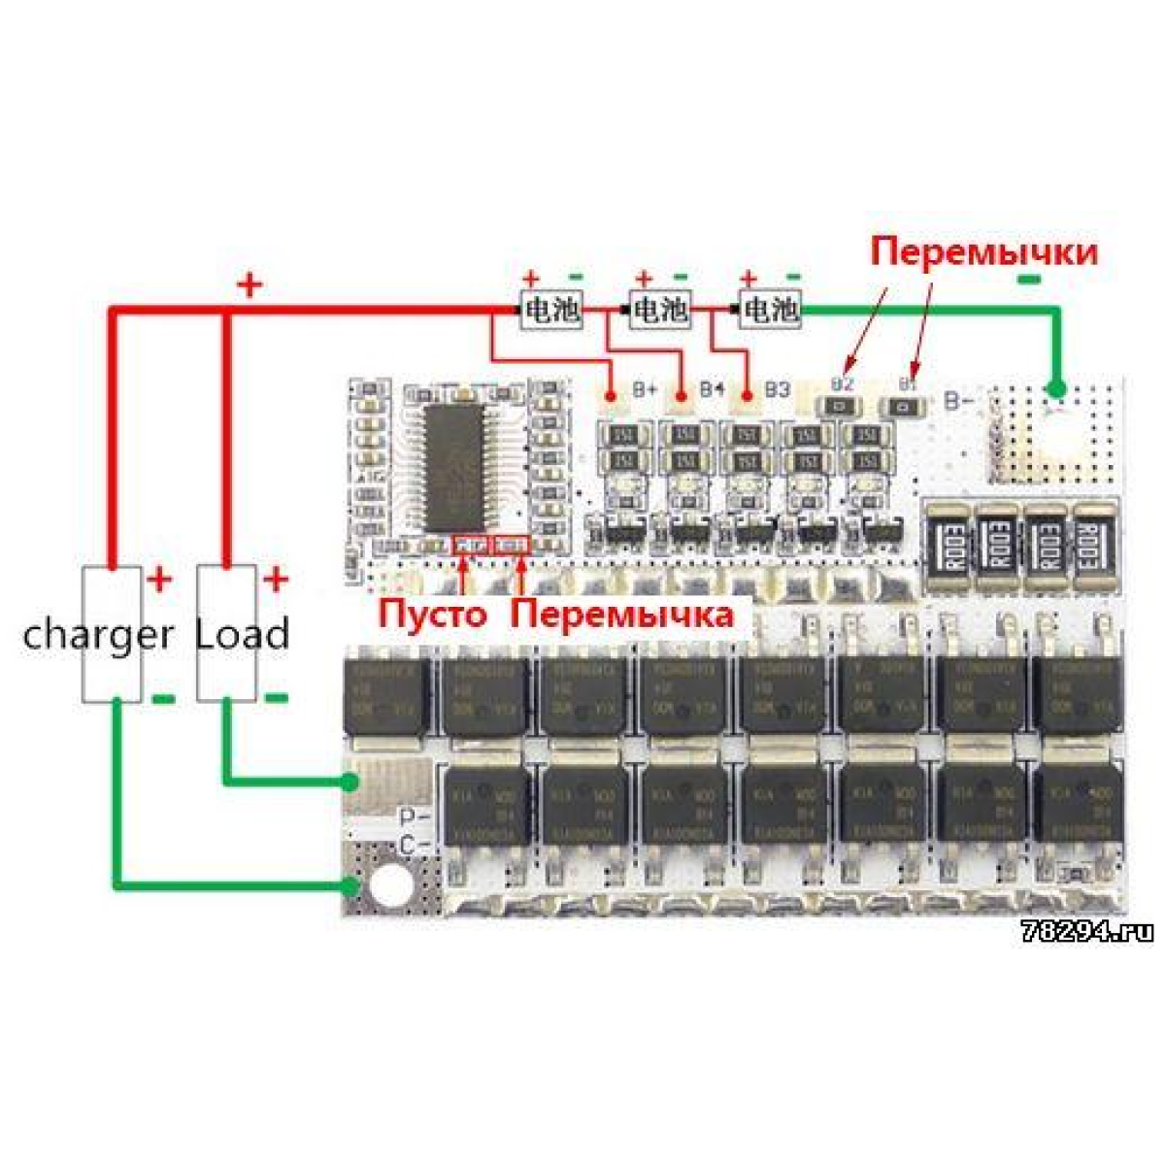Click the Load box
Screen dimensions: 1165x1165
tap(227, 633)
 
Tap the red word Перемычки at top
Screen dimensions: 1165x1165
tap(983, 251)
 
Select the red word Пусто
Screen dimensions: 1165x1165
tap(432, 615)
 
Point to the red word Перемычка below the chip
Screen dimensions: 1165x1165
tap(622, 615)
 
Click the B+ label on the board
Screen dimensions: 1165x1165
tap(646, 390)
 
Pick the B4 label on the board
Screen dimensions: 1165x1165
tap(712, 389)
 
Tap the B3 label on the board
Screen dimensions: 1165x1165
tap(776, 390)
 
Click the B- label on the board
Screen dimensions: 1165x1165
tap(959, 399)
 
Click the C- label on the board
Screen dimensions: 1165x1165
tap(416, 846)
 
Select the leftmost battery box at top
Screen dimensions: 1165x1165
tap(551, 310)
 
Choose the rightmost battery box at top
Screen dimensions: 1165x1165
tap(771, 310)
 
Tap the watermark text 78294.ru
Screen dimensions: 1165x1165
tap(1087, 932)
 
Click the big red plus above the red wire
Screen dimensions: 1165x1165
tap(250, 285)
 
